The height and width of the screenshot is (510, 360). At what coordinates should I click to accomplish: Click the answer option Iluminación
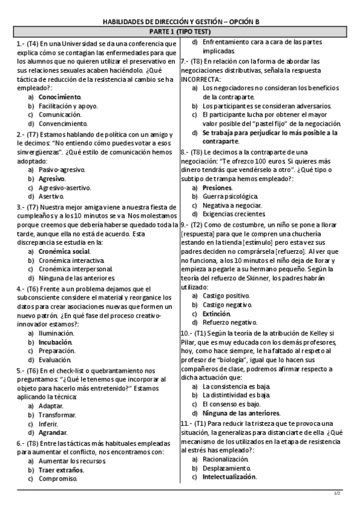coord(56,333)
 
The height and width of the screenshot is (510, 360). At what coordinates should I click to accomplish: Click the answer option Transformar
coord(57,414)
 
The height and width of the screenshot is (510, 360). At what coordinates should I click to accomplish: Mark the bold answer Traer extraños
coord(62,470)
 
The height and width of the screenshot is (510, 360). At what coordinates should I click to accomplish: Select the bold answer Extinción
coord(216,314)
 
